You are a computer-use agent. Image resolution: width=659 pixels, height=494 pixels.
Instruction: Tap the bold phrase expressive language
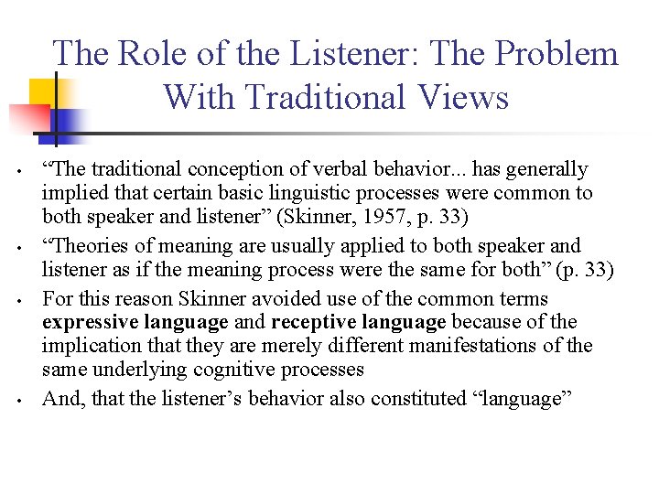tap(135, 322)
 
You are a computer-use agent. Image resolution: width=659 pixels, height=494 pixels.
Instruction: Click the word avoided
tap(271, 298)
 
